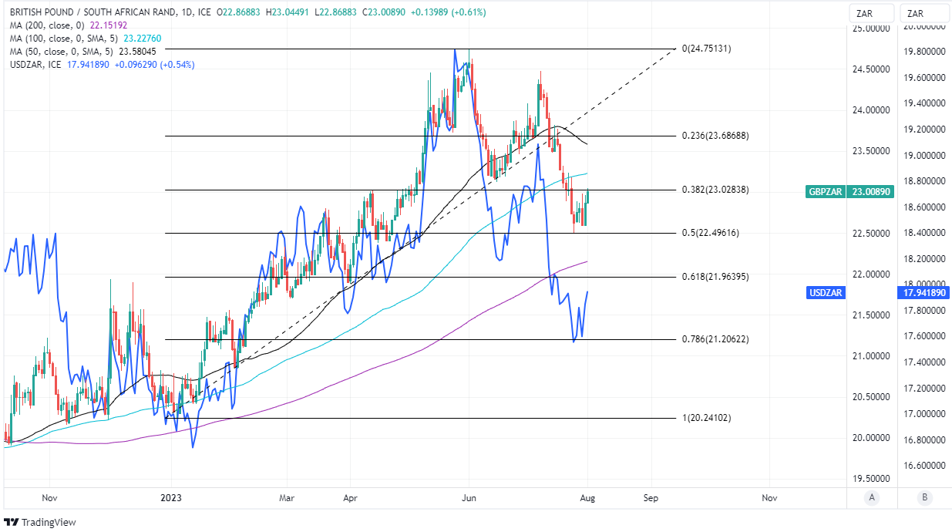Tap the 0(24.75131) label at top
(x=706, y=49)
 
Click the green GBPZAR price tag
(x=827, y=190)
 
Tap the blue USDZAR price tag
(x=826, y=293)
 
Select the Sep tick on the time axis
(x=651, y=498)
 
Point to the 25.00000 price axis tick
(x=870, y=29)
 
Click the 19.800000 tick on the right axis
(x=926, y=52)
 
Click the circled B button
(x=924, y=498)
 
